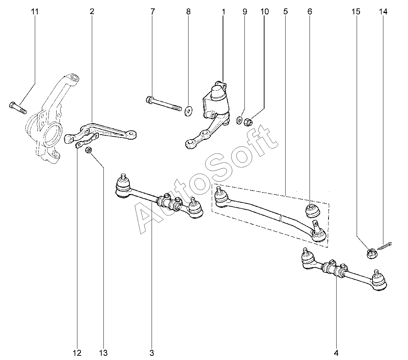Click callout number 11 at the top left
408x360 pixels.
(34, 12)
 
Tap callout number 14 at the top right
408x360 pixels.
(383, 12)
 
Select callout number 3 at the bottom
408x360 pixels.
(152, 353)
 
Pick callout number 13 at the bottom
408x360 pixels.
(103, 353)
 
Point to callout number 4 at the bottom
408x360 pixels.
(336, 353)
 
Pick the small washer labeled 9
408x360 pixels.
(239, 121)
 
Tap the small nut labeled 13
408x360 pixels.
(89, 150)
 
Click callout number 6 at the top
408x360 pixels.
(310, 12)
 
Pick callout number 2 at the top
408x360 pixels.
(92, 12)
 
